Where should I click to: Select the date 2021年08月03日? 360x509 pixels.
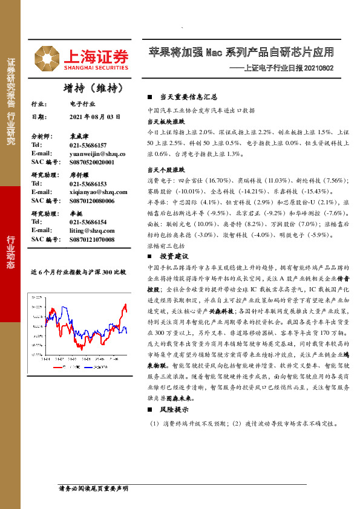pyautogui.click(x=95, y=117)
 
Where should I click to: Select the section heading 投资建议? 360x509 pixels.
pyautogui.click(x=175, y=256)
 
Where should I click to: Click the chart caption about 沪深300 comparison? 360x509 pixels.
pyautogui.click(x=79, y=272)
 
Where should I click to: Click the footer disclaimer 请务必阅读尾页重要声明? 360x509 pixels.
pyautogui.click(x=93, y=487)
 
